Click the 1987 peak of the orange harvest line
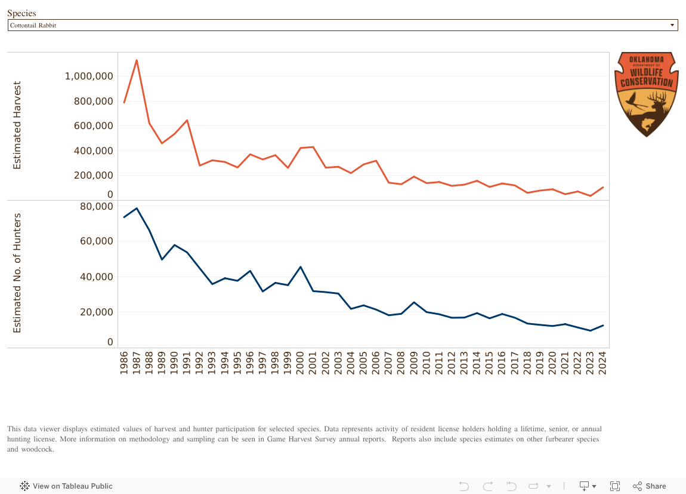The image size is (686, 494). pyautogui.click(x=137, y=60)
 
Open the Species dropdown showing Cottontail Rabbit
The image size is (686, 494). pyautogui.click(x=342, y=25)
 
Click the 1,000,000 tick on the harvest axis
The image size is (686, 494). pyautogui.click(x=89, y=76)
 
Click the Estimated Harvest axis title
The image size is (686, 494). pyautogui.click(x=17, y=125)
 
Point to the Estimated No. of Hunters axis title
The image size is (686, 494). pyautogui.click(x=17, y=273)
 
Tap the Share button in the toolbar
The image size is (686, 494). pyautogui.click(x=649, y=486)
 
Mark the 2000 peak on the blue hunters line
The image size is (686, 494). pyautogui.click(x=300, y=267)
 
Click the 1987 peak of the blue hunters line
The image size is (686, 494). pyautogui.click(x=137, y=208)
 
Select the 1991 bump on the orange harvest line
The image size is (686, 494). pyautogui.click(x=187, y=121)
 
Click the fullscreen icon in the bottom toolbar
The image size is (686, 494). pyautogui.click(x=615, y=486)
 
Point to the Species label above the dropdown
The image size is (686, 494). pyautogui.click(x=21, y=13)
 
